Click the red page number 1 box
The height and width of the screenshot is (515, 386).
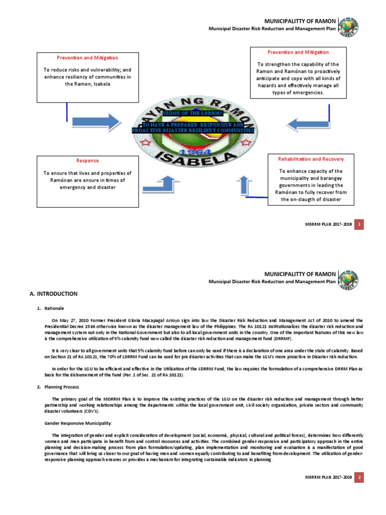click(359, 224)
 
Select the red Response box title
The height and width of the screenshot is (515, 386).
click(87, 160)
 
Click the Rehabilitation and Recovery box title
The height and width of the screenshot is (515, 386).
click(311, 159)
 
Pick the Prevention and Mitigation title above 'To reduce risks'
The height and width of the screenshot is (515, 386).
click(87, 58)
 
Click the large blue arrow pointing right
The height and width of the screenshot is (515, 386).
click(90, 122)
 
